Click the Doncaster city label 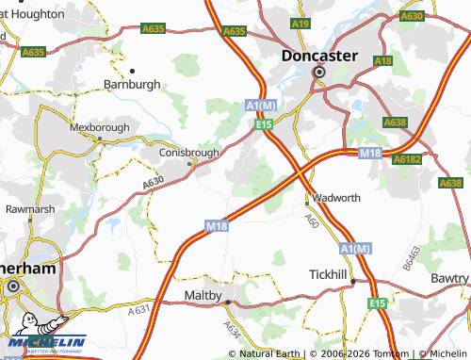pos(319,56)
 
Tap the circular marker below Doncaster pos(319,72)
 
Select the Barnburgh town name pos(131,83)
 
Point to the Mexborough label pos(100,125)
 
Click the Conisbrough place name pos(187,152)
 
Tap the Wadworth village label pos(336,198)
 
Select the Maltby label pos(202,295)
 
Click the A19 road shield pos(300,23)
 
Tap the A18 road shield pos(382,60)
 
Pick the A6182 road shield pos(408,160)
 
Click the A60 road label pos(311,220)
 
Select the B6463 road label pos(411,257)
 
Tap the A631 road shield pos(139,307)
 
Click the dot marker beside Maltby pos(227,303)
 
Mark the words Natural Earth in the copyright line pos(270,353)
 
